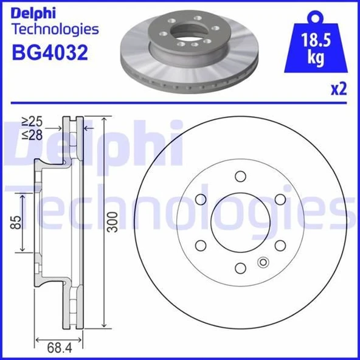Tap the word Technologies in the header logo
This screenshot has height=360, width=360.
click(x=55, y=29)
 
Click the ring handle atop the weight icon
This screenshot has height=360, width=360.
click(x=316, y=16)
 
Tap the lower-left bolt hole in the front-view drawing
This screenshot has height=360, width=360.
click(x=200, y=244)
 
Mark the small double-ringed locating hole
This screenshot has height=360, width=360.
click(x=263, y=262)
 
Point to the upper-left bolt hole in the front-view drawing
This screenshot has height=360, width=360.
click(x=200, y=199)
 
